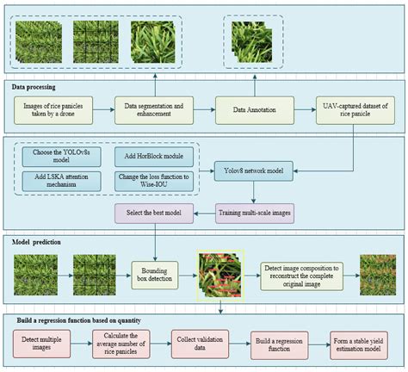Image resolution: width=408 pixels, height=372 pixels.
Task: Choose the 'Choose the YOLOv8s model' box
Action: tap(59, 158)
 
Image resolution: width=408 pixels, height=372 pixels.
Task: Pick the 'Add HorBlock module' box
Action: tap(151, 158)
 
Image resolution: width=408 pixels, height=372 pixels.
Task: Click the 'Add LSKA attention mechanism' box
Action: tap(59, 181)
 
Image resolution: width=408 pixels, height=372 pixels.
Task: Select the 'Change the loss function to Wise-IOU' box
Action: tap(151, 181)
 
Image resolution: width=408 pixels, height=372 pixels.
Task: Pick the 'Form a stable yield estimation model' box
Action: tap(358, 343)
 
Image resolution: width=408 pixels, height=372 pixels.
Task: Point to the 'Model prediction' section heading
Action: tap(38, 242)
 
